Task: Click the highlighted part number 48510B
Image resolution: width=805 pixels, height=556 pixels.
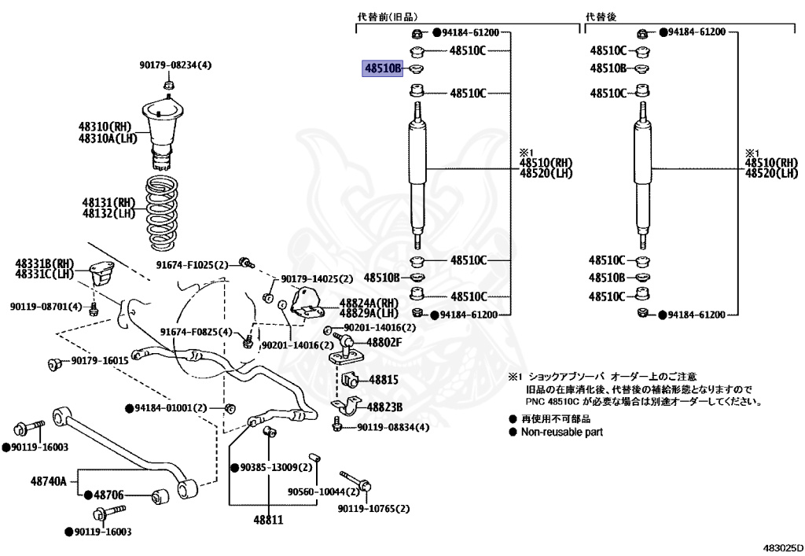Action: pyautogui.click(x=382, y=69)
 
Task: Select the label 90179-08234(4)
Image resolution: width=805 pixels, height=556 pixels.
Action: pyautogui.click(x=176, y=65)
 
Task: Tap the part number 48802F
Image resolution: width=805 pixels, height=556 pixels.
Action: pyautogui.click(x=383, y=342)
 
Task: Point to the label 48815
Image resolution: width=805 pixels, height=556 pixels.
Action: pyautogui.click(x=384, y=380)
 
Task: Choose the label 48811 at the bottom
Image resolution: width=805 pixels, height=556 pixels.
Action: pyautogui.click(x=268, y=520)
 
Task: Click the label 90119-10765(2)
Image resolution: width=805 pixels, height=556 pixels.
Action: pyautogui.click(x=374, y=509)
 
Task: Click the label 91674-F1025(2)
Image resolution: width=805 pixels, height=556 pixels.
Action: pyautogui.click(x=192, y=265)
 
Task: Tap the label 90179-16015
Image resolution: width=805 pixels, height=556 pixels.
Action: pyautogui.click(x=99, y=361)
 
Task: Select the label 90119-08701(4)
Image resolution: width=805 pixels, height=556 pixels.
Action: pyautogui.click(x=46, y=307)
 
